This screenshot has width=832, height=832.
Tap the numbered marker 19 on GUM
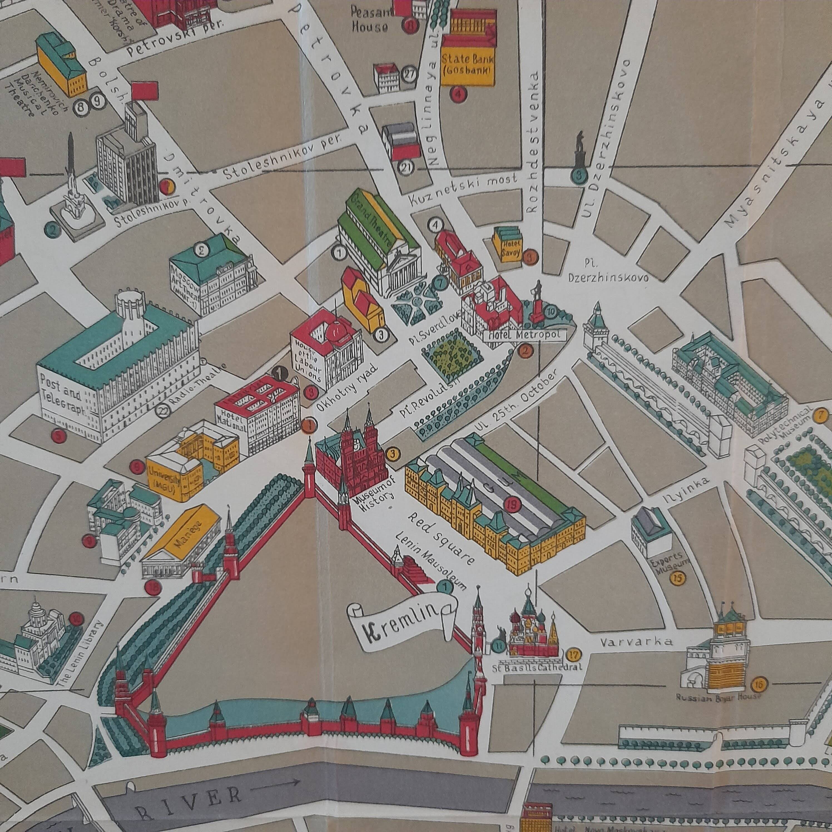coord(513,504)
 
